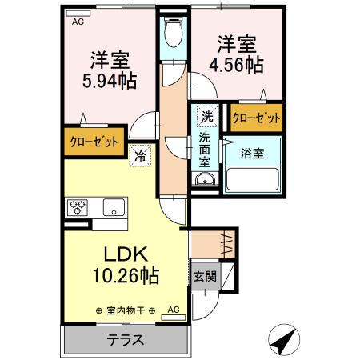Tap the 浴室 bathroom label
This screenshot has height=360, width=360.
click(252, 153)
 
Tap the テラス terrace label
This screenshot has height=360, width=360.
click(126, 339)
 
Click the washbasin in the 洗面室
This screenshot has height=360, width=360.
click(206, 180)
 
